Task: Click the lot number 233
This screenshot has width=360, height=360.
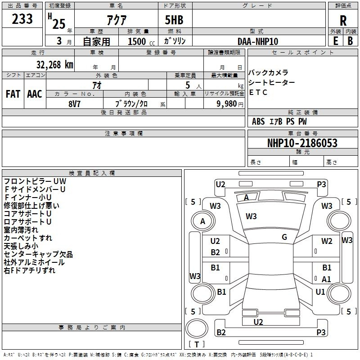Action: coord(22,19)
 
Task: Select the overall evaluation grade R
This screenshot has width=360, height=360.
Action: coord(343,21)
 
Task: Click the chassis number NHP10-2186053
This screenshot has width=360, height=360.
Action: coord(302,143)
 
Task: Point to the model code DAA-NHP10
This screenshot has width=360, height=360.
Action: coord(258,41)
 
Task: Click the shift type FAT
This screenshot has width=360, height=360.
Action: coord(13,94)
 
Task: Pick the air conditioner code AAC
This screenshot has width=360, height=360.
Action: coord(34,94)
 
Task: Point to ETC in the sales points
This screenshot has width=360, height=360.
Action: coord(258,92)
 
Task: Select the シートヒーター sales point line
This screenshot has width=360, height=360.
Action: coord(272,82)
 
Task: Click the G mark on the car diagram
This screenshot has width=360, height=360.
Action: coord(284,237)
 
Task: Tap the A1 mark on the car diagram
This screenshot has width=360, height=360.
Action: coord(326,279)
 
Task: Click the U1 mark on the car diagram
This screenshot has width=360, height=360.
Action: coord(320,292)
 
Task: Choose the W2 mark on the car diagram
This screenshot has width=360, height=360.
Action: coord(327,241)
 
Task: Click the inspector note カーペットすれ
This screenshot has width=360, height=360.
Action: coord(28,238)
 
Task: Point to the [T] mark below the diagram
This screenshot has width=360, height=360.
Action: coord(197,344)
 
